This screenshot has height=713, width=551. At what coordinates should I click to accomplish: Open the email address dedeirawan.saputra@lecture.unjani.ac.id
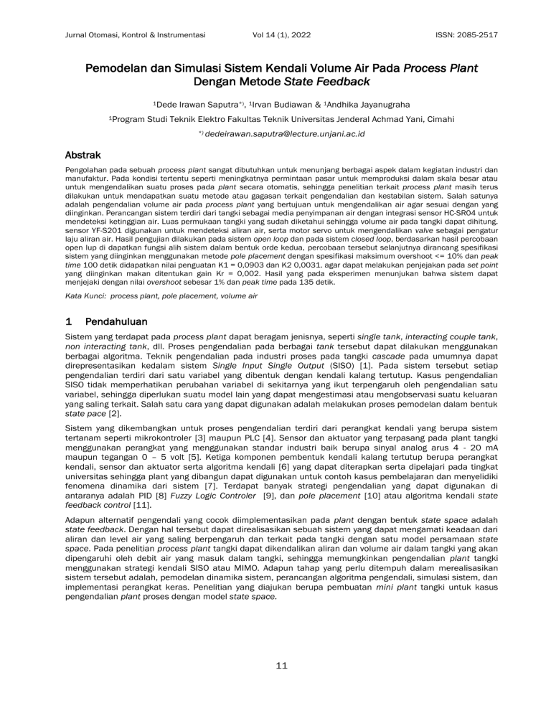coord(281,134)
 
